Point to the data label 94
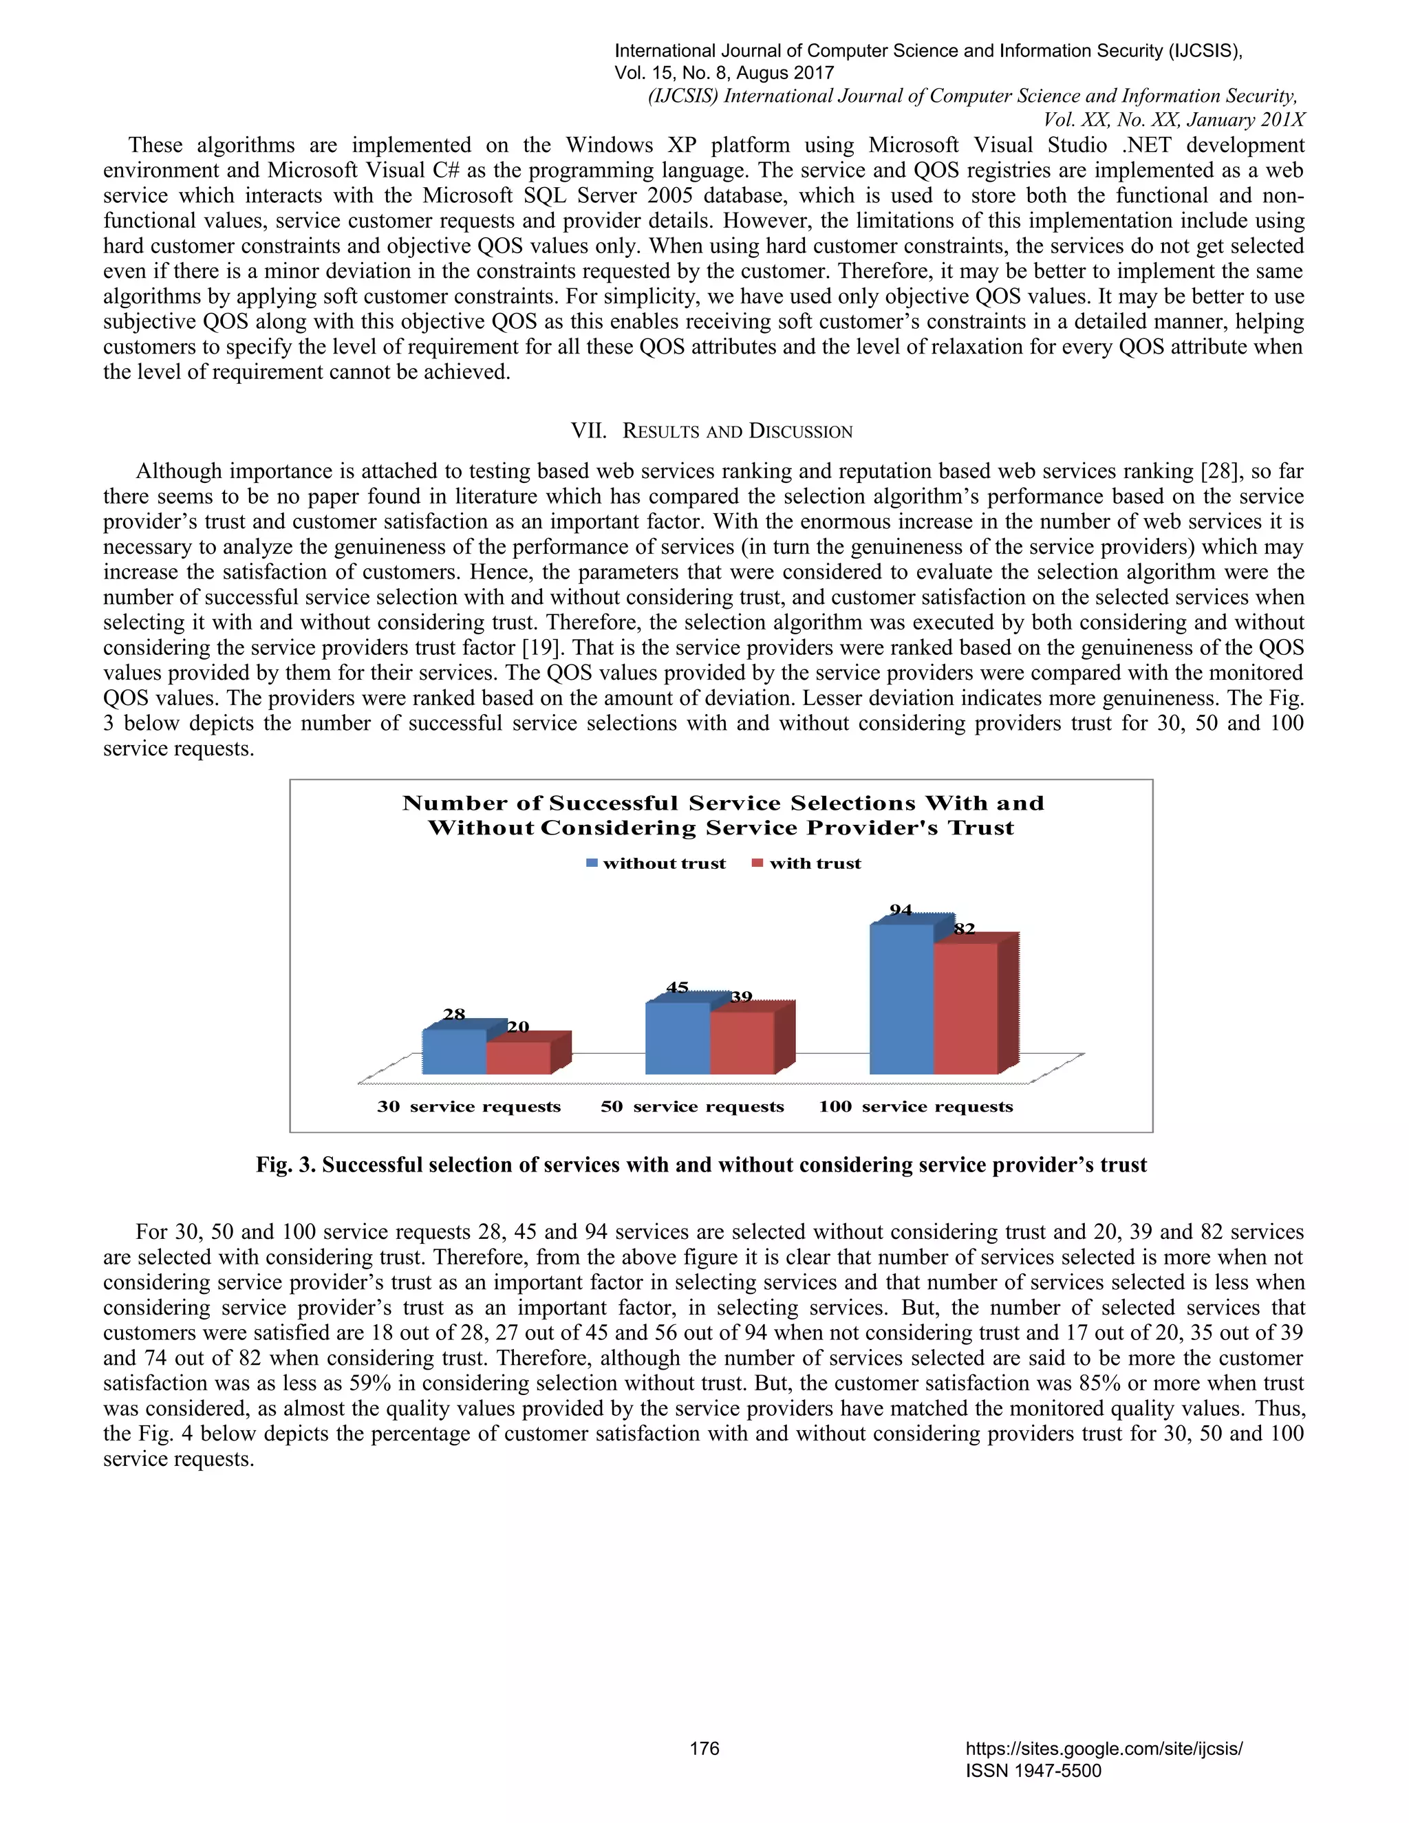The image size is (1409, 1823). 901,910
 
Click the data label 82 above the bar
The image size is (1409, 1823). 964,928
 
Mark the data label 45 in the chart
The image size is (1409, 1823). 677,987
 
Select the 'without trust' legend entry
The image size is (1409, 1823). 656,863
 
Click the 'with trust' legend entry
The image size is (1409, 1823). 807,863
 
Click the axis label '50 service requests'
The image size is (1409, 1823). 692,1106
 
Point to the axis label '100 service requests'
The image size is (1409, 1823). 916,1106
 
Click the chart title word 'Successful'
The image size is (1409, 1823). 614,803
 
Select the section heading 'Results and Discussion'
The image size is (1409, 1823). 712,431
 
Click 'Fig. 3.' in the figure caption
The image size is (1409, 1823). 286,1165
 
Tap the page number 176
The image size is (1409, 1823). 704,1748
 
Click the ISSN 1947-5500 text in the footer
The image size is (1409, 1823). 1033,1771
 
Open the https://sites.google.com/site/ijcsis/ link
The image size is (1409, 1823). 1104,1748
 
